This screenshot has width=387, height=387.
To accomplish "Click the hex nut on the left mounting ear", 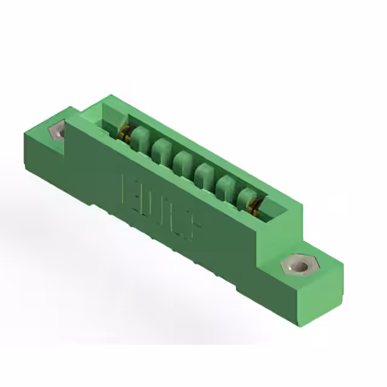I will point(59,131).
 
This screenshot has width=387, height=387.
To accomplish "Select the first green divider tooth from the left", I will point(140,138).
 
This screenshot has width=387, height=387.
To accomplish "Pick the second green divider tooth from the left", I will point(161,149).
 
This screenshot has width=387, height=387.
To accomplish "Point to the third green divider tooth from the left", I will point(182,161).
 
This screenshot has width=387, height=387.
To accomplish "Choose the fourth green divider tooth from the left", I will point(204,174).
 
